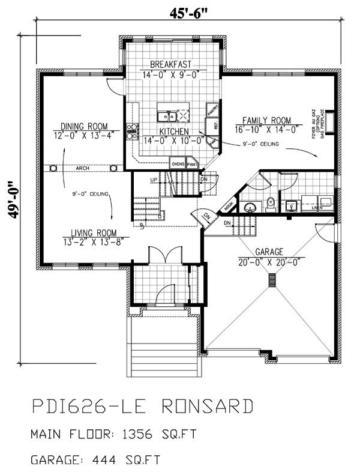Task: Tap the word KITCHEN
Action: pyautogui.click(x=174, y=132)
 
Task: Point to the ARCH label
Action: pyautogui.click(x=83, y=169)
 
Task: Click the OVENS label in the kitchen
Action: pyautogui.click(x=178, y=163)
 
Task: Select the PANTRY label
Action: pyautogui.click(x=211, y=110)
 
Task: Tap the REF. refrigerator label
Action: pyautogui.click(x=211, y=126)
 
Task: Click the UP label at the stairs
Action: pyautogui.click(x=154, y=180)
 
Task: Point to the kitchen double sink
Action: pyautogui.click(x=166, y=116)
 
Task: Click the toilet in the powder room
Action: pyautogui.click(x=271, y=202)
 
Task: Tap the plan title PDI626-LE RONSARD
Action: pyautogui.click(x=142, y=408)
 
